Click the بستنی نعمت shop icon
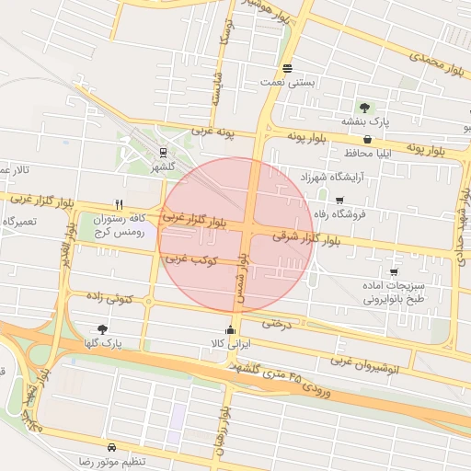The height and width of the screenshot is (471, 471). click(288, 68)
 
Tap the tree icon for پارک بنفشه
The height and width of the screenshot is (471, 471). click(365, 107)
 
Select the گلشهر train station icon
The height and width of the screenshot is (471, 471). click(163, 153)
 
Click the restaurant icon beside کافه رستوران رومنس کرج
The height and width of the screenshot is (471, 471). click(119, 204)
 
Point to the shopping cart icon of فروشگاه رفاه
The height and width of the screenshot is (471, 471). click(339, 201)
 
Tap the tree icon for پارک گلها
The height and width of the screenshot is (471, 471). click(101, 328)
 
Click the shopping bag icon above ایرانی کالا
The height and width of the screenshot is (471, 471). click(230, 330)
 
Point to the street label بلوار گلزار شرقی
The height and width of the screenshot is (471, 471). click(312, 238)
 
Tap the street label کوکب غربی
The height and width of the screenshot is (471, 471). click(191, 261)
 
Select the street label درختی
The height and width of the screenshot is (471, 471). click(276, 323)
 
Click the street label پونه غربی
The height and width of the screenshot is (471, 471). click(213, 133)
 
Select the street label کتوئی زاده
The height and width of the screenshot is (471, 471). click(109, 298)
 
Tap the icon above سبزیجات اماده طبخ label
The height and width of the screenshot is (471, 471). click(394, 272)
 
